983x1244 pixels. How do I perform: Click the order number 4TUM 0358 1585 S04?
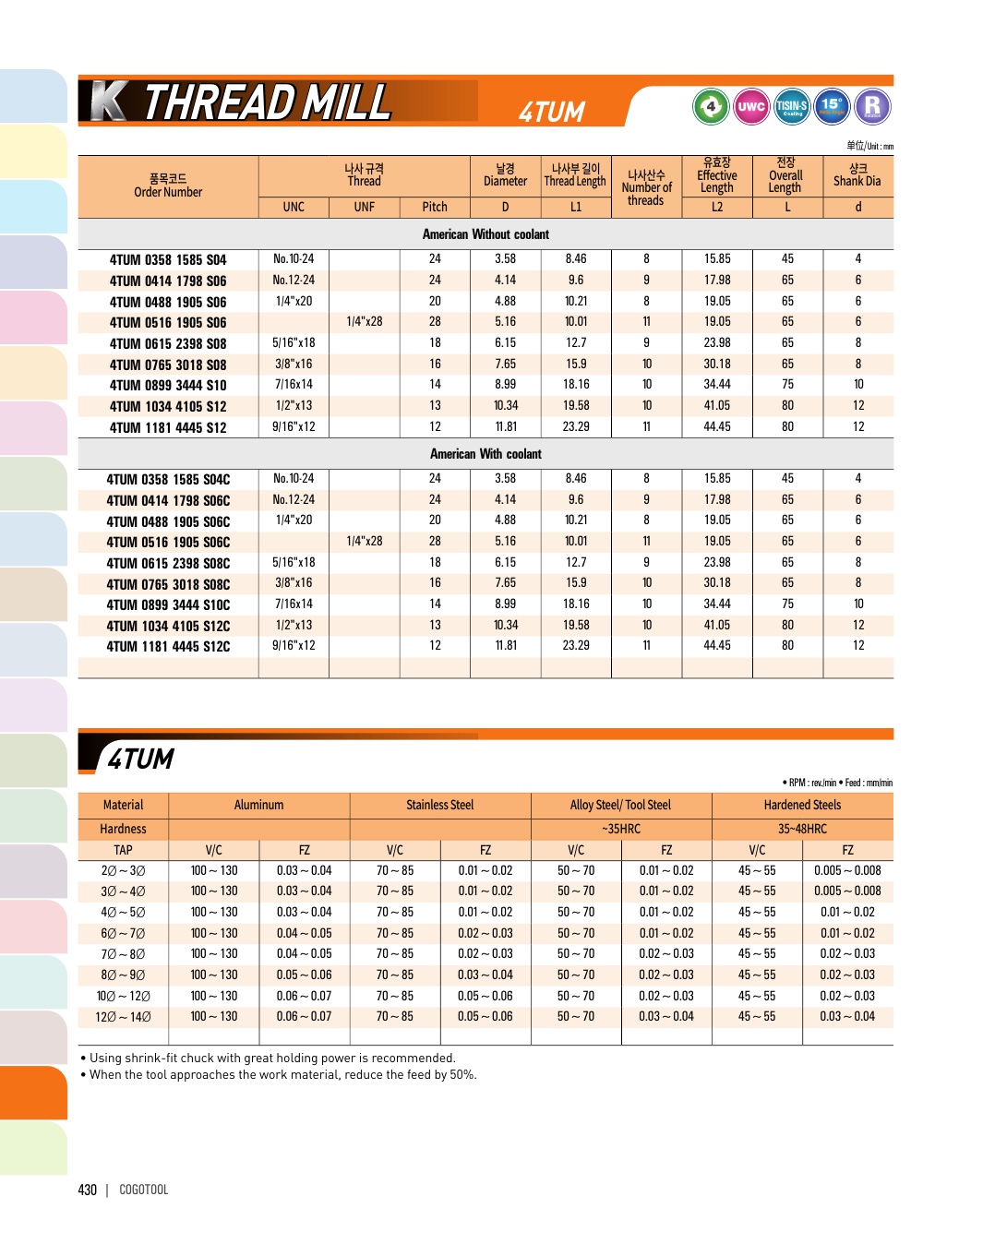click(x=168, y=260)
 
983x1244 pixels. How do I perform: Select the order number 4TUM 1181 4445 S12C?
click(x=168, y=647)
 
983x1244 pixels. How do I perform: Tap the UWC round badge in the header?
click(x=751, y=106)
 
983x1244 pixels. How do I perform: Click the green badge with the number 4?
click(x=711, y=106)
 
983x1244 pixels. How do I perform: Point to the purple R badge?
click(x=872, y=106)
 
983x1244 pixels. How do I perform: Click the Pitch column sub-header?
click(x=435, y=207)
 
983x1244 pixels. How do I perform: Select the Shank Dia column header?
click(x=857, y=175)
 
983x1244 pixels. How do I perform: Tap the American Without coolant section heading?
click(x=486, y=234)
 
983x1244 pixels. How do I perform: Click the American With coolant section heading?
click(x=486, y=454)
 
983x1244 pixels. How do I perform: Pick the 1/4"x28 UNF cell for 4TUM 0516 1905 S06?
click(x=365, y=322)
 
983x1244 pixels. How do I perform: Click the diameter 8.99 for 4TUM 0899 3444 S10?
click(x=505, y=385)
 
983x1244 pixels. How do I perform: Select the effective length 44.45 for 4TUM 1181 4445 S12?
click(x=717, y=427)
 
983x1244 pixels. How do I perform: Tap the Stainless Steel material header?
click(x=440, y=805)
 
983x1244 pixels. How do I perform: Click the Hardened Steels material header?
click(x=802, y=805)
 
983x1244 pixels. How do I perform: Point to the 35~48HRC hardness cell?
click(x=802, y=829)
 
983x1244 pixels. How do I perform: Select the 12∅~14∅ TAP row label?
click(x=123, y=1017)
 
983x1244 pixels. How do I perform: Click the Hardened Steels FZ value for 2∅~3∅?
click(x=847, y=870)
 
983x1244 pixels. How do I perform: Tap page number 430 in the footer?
click(x=88, y=1190)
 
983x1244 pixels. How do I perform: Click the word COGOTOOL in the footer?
click(x=144, y=1190)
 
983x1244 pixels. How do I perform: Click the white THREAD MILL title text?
click(x=268, y=102)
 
